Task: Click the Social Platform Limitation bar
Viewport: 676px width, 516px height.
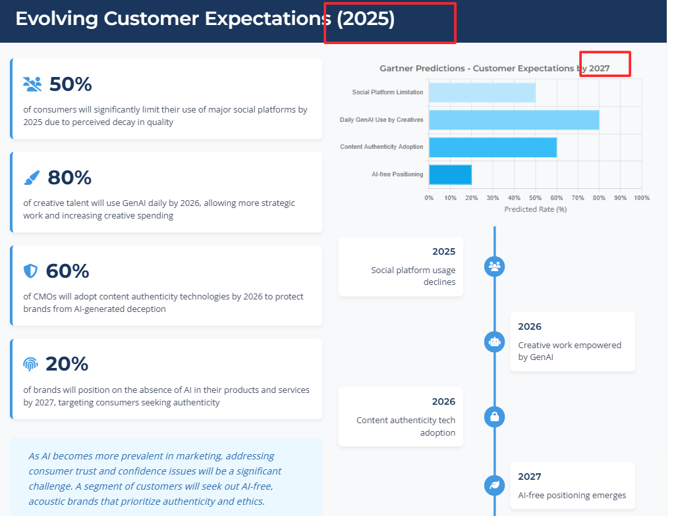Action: point(482,92)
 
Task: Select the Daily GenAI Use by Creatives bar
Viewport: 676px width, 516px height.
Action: point(514,120)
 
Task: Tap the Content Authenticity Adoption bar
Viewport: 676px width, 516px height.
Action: point(493,147)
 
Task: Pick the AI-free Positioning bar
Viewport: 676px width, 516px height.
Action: point(450,174)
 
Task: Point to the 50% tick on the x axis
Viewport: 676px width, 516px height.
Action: point(535,197)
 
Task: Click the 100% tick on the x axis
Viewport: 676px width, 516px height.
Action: point(641,197)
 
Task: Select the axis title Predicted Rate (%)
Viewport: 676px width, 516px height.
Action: point(535,209)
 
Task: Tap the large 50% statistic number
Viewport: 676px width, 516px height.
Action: point(70,84)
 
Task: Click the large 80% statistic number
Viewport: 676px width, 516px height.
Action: point(70,178)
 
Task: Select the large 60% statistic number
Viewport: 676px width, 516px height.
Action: point(67,271)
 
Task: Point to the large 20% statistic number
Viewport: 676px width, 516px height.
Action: point(67,364)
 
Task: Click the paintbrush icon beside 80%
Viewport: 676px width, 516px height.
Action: point(32,178)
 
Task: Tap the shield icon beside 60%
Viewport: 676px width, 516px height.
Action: point(30,271)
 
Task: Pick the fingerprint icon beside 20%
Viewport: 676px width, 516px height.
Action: point(30,364)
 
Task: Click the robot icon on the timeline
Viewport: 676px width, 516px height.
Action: point(494,342)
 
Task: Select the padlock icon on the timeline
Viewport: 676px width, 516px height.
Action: point(494,417)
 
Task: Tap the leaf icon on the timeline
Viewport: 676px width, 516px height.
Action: point(494,486)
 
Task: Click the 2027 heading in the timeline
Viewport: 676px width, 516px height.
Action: point(529,477)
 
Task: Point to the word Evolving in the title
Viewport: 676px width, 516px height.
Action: point(57,19)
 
